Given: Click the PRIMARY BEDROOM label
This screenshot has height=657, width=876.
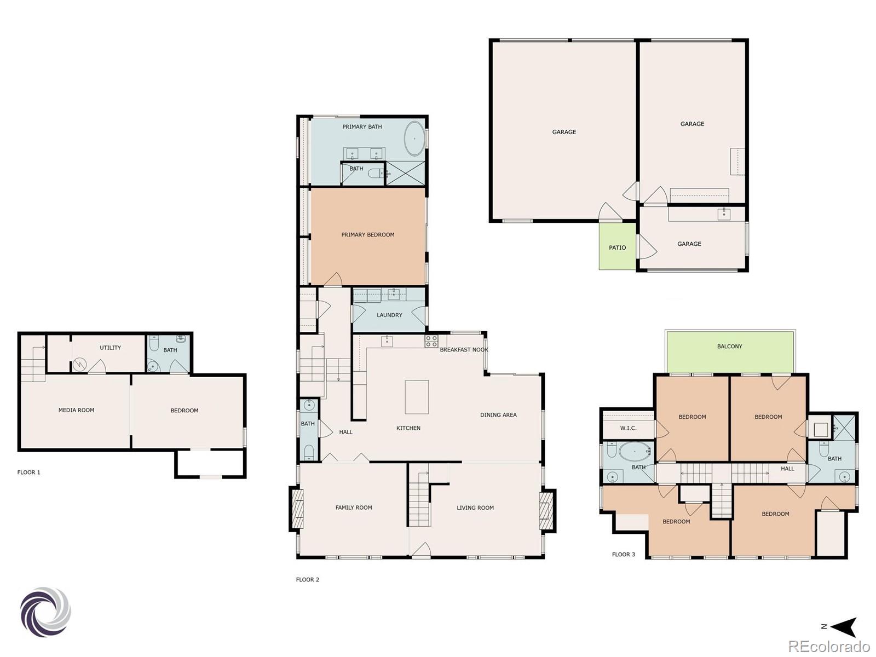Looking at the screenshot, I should coord(367,235).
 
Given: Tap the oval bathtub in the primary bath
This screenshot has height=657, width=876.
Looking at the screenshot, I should coord(414,139).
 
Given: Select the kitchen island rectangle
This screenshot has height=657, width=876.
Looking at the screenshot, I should coord(417,397).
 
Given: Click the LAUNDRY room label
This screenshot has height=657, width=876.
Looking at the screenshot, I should coord(389,315).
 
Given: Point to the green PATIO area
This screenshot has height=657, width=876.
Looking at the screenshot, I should coord(617,247).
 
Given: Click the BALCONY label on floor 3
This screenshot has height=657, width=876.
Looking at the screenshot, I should coord(729,347).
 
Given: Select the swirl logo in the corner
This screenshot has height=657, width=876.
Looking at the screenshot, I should coord(46,612).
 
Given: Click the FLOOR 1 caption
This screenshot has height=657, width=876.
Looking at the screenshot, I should coord(29,472).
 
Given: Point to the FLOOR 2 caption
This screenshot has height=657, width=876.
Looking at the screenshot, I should coord(308,580).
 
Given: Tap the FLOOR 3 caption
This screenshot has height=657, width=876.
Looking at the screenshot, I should coord(624,555).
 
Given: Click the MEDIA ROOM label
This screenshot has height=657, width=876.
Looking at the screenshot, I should coord(76,410).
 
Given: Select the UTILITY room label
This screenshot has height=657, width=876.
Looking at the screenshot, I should coord(110,348).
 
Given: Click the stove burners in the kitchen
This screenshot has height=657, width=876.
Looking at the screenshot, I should coord(431,342).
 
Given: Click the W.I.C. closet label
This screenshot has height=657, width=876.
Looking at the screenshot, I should coord(628,428).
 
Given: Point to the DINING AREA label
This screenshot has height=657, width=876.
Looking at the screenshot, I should coord(498,415).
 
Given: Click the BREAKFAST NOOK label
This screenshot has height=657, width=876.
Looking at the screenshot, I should coord(464,350).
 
